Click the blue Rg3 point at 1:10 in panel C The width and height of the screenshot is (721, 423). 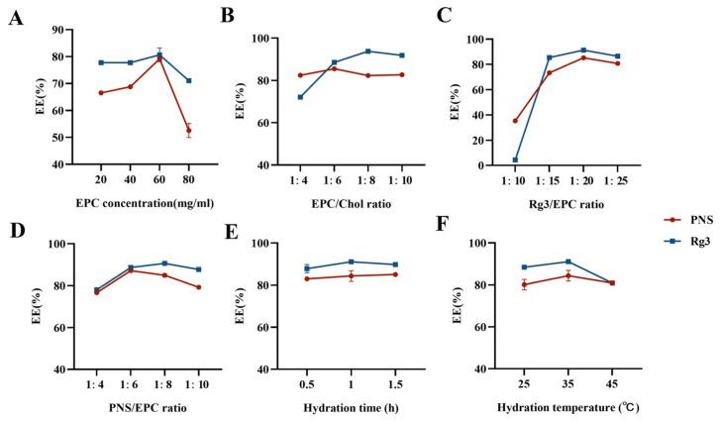(x=516, y=159)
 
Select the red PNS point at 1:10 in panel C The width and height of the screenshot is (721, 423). (x=516, y=121)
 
